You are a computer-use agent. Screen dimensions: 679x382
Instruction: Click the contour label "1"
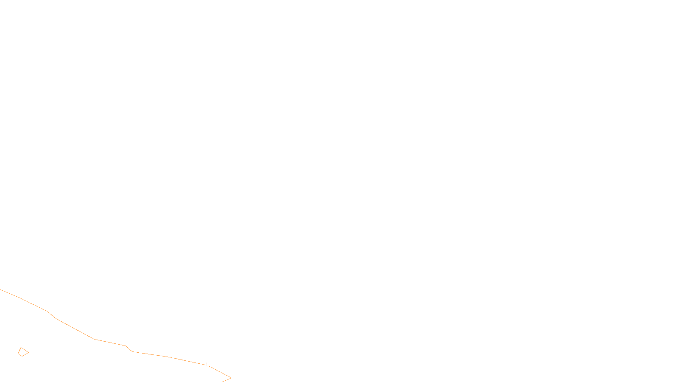tap(207, 365)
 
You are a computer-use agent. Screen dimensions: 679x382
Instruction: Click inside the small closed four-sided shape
tap(23, 352)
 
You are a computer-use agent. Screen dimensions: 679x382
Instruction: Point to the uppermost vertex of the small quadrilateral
tap(21, 348)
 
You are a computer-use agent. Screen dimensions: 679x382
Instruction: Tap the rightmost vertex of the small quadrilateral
tap(29, 353)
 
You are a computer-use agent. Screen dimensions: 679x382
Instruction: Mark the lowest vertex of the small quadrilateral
tap(22, 356)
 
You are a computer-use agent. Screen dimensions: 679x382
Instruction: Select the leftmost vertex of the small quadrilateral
tap(18, 354)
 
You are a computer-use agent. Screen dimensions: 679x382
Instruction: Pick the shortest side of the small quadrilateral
tap(20, 355)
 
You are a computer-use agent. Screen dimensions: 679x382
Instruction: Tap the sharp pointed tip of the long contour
tap(231, 378)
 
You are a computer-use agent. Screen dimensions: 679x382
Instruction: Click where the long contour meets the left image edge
tap(0, 289)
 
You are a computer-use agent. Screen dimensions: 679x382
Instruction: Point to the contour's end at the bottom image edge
tap(222, 382)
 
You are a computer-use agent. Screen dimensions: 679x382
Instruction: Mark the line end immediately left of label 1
tap(205, 365)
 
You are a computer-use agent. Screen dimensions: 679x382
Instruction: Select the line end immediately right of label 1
tap(209, 366)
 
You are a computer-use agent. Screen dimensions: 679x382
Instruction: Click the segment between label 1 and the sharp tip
tap(220, 372)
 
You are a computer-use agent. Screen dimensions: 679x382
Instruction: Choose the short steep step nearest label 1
tap(129, 348)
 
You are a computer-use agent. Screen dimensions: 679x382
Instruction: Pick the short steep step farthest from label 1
tap(51, 315)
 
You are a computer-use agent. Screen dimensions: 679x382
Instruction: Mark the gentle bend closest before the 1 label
tap(170, 357)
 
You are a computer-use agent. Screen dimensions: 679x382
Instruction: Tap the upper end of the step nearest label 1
tap(125, 345)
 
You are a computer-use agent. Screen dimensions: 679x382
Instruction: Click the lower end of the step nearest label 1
tap(132, 352)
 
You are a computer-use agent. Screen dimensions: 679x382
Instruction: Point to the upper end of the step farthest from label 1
tap(47, 311)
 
